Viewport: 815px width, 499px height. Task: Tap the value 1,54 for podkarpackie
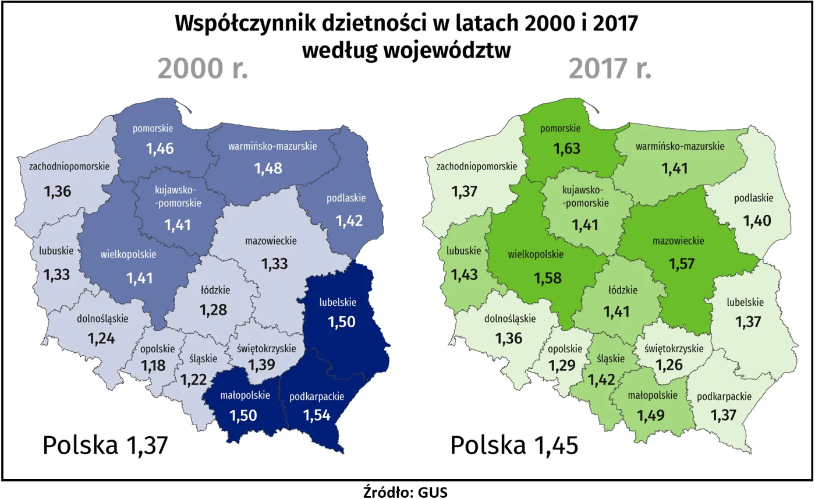[x=317, y=415]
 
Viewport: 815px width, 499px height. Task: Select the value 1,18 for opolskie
[x=157, y=367]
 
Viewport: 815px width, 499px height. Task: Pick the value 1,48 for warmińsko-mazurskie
[x=268, y=168]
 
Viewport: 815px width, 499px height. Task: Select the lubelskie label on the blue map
[x=337, y=302]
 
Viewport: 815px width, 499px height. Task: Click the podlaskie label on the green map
[x=753, y=198]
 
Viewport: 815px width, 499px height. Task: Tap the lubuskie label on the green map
[x=463, y=251]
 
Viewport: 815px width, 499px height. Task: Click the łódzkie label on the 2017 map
[x=623, y=289]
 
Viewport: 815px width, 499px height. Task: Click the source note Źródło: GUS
[x=405, y=491]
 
